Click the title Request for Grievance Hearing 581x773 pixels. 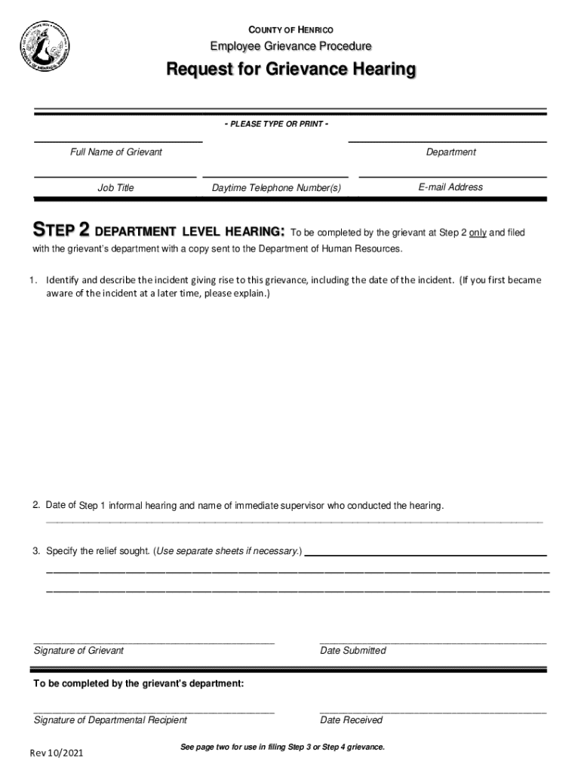point(290,70)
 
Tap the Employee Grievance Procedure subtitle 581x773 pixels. point(290,47)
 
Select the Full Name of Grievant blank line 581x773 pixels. point(117,140)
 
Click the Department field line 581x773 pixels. point(447,140)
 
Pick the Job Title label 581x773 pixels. point(115,188)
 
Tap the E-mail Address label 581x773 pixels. point(450,187)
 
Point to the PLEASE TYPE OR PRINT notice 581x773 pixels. point(276,124)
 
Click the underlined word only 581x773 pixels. point(477,233)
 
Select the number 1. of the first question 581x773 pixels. point(35,280)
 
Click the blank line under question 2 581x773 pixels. point(294,522)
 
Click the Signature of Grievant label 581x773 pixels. point(78,651)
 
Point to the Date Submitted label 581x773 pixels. point(352,651)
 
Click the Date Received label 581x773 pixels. point(351,720)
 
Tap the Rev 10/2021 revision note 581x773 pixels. point(57,753)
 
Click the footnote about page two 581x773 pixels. point(282,747)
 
